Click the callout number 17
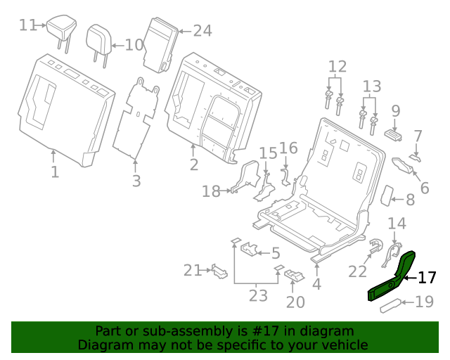click(x=427, y=278)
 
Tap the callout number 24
click(x=202, y=30)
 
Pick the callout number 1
click(x=55, y=172)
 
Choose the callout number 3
click(x=136, y=181)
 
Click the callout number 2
click(x=193, y=165)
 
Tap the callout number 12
click(x=337, y=67)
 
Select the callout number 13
click(x=372, y=87)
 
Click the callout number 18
click(x=211, y=191)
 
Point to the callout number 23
click(x=258, y=295)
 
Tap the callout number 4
click(x=316, y=285)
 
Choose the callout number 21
click(x=193, y=269)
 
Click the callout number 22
click(x=358, y=271)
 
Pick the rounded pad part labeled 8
click(x=385, y=195)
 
